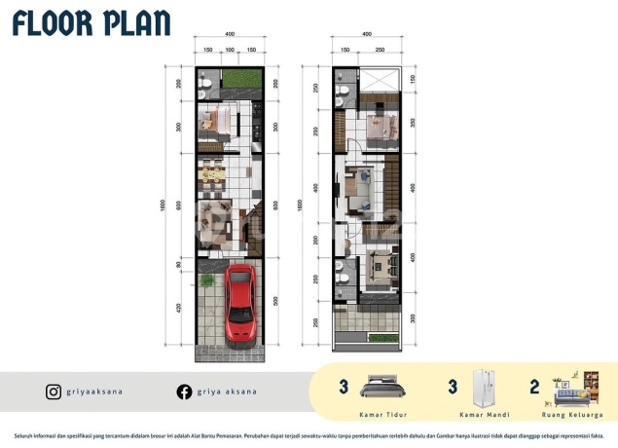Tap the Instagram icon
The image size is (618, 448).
tap(54, 392)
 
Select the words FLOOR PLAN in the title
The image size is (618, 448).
tap(92, 23)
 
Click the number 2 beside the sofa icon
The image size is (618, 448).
tap(535, 387)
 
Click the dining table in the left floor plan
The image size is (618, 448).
tap(211, 176)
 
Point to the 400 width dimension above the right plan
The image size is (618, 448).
tap(366, 34)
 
